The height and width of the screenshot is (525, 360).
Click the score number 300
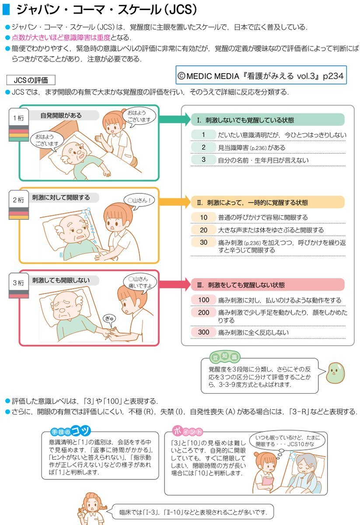(204, 332)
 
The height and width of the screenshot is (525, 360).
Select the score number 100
(204, 300)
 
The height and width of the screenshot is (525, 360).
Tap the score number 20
(204, 230)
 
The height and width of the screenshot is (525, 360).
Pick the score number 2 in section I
(204, 147)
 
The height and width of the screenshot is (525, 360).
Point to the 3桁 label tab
(18, 283)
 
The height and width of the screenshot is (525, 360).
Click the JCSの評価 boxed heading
(31, 80)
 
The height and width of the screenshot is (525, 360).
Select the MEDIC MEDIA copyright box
(262, 75)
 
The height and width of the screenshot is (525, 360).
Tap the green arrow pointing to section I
(171, 119)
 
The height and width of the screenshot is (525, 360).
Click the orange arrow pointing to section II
(171, 202)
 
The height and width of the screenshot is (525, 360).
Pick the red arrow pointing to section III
(171, 284)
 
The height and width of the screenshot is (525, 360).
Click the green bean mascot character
(335, 371)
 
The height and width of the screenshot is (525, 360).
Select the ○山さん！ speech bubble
(139, 201)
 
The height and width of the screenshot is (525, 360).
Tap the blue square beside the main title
(6, 9)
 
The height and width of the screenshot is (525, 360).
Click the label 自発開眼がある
(61, 115)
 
